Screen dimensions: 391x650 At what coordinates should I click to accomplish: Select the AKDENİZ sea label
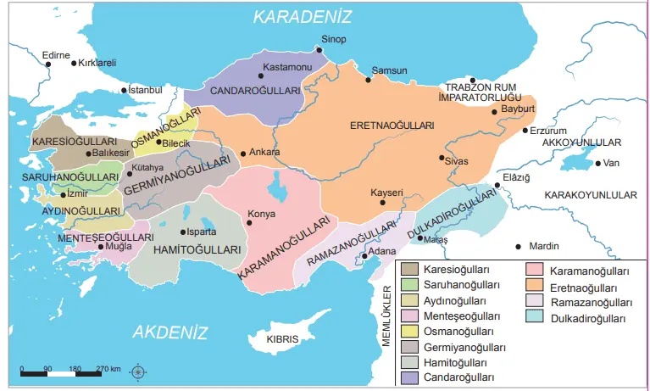170,331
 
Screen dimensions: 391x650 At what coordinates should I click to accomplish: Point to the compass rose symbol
139,370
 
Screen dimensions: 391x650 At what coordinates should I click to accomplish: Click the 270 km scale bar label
108,369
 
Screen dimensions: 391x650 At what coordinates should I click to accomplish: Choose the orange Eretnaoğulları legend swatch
536,286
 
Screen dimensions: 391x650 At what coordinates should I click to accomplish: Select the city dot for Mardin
518,246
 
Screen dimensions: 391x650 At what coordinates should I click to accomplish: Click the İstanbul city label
144,89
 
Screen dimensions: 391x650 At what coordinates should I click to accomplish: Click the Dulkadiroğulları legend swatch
536,316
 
